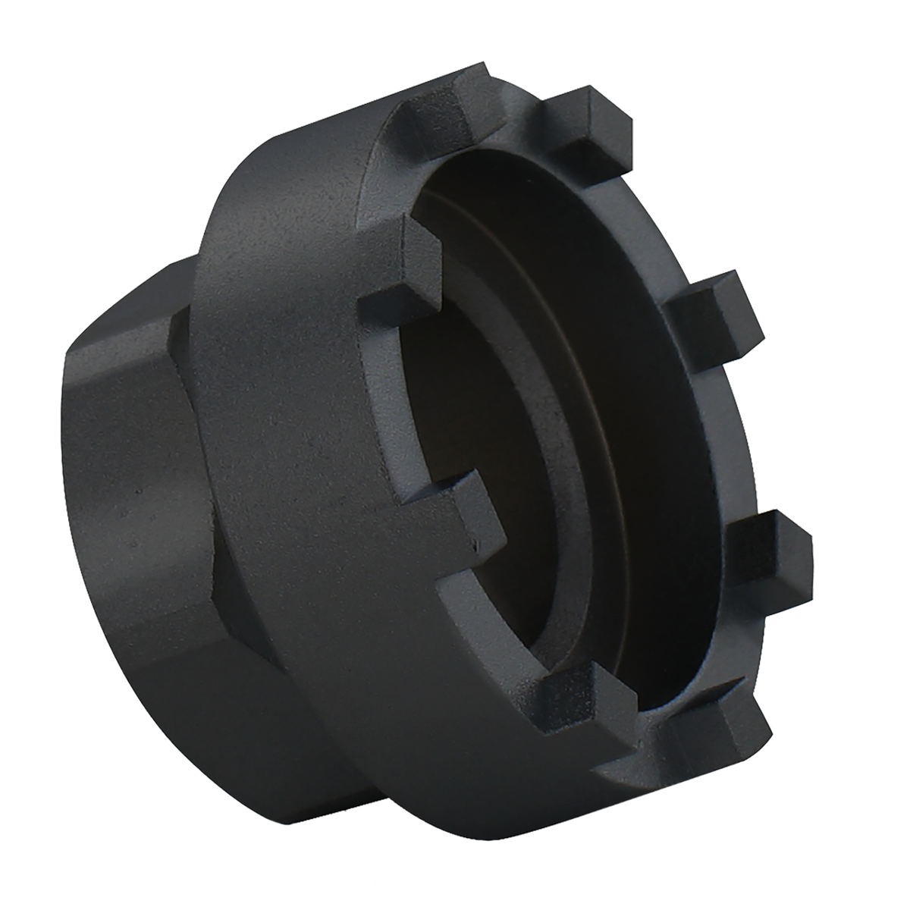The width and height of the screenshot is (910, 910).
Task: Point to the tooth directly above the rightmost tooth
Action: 717,318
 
